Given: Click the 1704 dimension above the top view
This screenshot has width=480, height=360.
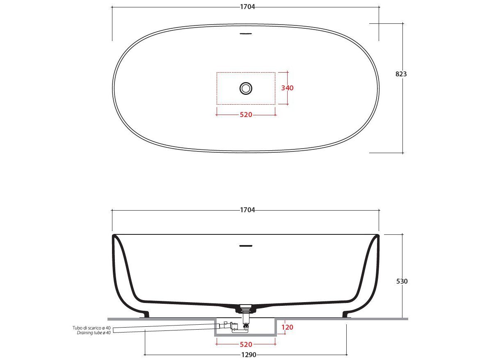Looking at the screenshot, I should pos(247,7).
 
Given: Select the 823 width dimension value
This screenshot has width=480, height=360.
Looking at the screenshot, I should pos(401,74).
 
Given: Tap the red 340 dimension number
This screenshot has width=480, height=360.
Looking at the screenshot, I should pos(287,88).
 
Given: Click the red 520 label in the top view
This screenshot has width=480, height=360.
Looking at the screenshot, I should pos(246,115).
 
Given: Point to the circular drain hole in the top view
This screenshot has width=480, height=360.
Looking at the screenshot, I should pos(246,88).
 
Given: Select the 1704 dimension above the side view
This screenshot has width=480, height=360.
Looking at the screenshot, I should pos(247,210).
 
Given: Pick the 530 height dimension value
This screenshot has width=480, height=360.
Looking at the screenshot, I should pos(402,281).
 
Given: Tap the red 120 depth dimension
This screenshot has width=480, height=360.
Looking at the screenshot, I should pos(287,327).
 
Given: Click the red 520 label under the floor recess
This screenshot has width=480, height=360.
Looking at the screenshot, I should pos(246,345).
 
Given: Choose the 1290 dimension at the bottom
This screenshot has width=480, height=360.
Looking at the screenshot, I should pos(248,355).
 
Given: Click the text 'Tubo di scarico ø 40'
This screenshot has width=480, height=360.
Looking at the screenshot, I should pos(91,328).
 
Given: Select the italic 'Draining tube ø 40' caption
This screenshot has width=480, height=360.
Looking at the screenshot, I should pos(94,333).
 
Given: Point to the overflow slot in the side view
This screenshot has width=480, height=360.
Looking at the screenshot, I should pos(246,246).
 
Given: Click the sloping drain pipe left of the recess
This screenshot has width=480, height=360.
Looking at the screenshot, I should pos(164,328).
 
